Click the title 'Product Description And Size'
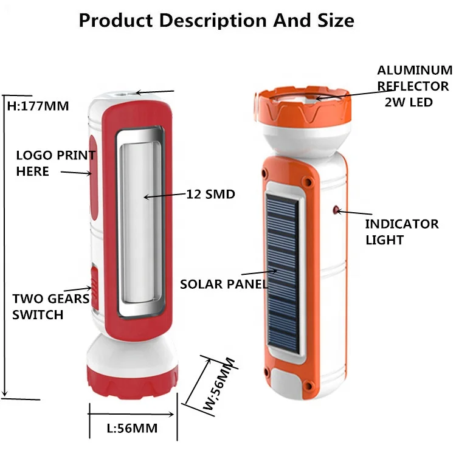[x=216, y=20]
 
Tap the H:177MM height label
[x=38, y=106]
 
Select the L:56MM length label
[x=132, y=428]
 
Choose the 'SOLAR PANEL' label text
[x=224, y=283]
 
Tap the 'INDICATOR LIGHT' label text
[x=401, y=232]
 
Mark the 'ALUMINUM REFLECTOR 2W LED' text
[x=414, y=86]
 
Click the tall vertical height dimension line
[x=5, y=243]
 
